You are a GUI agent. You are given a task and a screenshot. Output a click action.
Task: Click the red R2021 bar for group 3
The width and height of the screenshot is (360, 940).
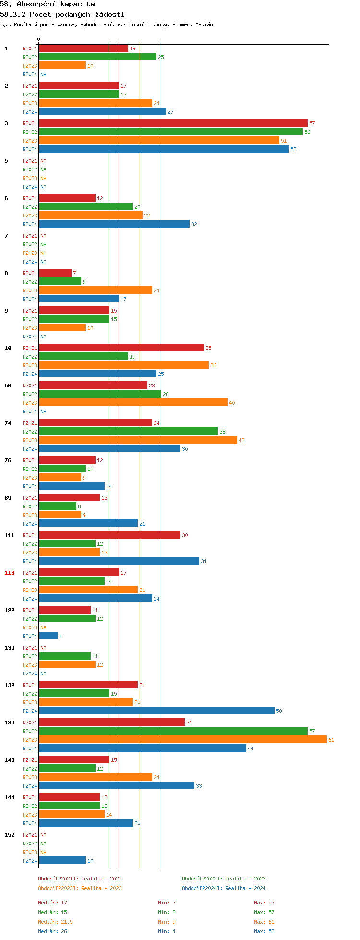pos(173,123)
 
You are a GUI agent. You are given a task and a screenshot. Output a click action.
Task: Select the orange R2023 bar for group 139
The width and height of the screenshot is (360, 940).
pos(182,740)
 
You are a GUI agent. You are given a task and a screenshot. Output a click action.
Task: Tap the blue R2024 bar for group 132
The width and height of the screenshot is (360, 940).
pos(156,711)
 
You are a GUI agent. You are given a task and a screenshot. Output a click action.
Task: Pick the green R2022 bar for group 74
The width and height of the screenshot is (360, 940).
pos(128,432)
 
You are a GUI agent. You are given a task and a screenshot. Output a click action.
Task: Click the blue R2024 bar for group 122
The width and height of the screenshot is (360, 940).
pos(48,636)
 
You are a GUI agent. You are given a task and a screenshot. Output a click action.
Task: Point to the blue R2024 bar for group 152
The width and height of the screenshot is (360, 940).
pos(62,861)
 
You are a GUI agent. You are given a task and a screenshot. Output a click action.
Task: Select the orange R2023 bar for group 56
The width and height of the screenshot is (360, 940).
pos(133,403)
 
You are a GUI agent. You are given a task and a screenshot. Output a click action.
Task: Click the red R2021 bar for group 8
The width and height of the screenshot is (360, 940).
pos(55,273)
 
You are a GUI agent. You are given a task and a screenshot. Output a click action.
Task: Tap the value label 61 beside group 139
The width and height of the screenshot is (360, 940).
pos(331,740)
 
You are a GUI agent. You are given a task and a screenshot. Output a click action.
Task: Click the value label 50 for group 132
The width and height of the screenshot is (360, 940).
pos(279,711)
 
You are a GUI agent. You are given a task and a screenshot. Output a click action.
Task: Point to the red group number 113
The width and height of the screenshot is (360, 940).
pos(10,573)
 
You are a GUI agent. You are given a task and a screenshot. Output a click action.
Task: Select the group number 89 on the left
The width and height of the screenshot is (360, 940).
pos(8,498)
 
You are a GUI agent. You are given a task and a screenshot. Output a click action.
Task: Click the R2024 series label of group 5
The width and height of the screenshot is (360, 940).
pos(30,187)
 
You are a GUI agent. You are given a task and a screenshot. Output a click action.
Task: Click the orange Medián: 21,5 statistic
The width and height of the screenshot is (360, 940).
pos(56,922)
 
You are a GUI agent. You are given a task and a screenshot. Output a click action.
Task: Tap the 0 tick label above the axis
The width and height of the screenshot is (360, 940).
pos(39,39)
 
